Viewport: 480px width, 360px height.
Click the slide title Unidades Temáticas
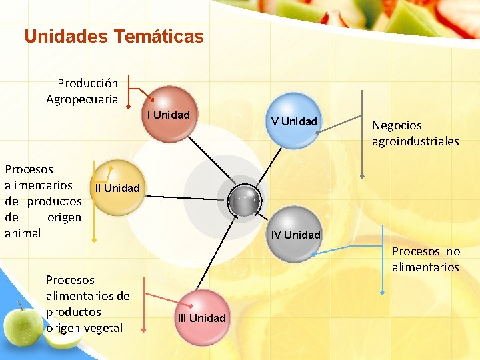coord(113,36)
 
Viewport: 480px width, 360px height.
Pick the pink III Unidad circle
coord(201,317)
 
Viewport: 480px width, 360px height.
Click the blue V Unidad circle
coord(294,121)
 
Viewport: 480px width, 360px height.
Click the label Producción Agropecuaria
coord(83,91)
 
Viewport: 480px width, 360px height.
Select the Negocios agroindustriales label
coord(415,133)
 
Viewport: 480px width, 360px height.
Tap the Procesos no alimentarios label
coord(425,259)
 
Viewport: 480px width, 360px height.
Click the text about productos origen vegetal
coord(87,304)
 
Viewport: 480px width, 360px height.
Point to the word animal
coord(23,233)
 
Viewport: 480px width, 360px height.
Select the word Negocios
coord(397,125)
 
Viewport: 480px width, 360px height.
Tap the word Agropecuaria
coord(82,99)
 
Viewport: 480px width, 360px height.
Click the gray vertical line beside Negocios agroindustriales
coord(362,133)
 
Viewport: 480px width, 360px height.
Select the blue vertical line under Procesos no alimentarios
coord(383,267)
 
